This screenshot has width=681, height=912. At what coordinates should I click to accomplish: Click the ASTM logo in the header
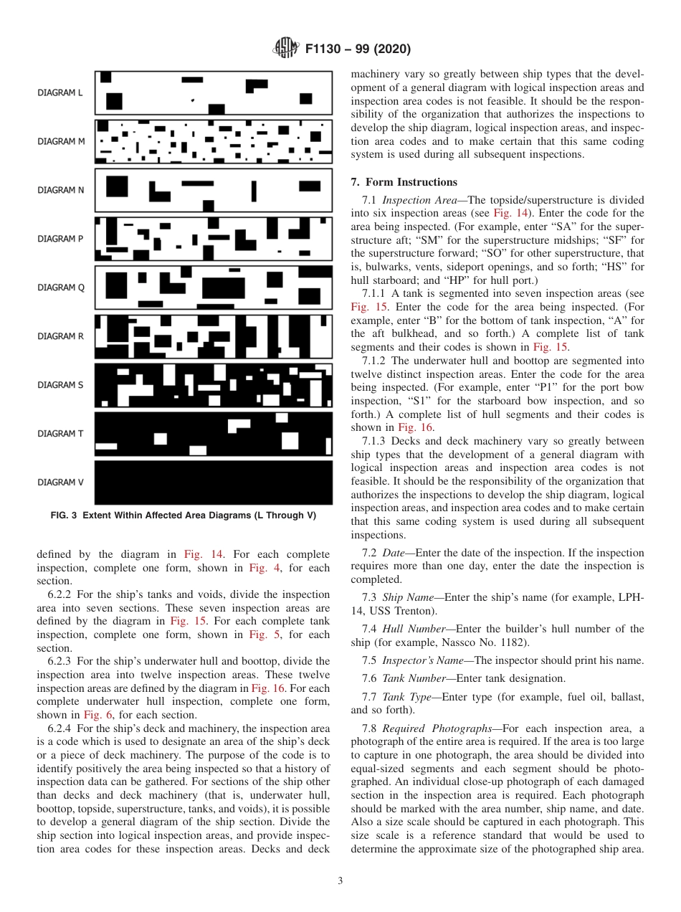point(286,49)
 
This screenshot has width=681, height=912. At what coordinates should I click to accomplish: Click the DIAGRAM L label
point(61,92)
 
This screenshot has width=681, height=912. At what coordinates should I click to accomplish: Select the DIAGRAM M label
point(61,141)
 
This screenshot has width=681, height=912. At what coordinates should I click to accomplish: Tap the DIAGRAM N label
point(61,190)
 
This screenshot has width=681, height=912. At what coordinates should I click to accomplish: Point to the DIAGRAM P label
point(61,239)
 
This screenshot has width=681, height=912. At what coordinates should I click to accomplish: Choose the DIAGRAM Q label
point(61,288)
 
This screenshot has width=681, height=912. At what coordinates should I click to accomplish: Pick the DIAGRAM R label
point(61,336)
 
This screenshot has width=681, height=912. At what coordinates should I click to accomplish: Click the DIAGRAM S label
point(61,385)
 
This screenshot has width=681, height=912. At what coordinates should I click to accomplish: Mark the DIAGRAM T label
point(61,434)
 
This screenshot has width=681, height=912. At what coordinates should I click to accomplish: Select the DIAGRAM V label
point(61,483)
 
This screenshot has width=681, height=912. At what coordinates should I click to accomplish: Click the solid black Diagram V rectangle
point(214,483)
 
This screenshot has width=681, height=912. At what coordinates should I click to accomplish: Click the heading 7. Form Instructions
point(404,182)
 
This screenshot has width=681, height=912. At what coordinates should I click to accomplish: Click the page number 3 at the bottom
point(340,881)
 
